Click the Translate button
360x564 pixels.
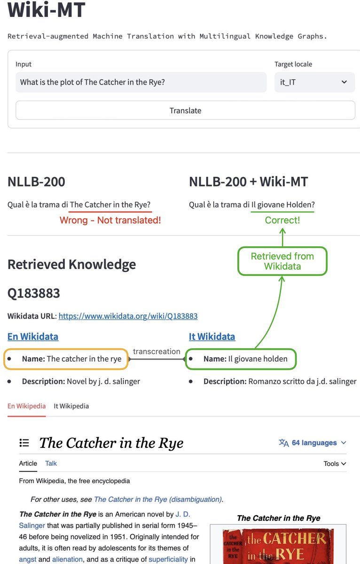pos(185,110)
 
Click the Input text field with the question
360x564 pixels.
pos(141,82)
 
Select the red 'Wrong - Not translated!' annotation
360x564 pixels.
pos(110,220)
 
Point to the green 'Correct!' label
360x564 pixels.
pos(282,220)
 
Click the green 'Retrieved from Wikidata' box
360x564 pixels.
pos(282,261)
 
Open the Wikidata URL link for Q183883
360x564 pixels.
pos(128,316)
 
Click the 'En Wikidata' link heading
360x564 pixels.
pos(33,337)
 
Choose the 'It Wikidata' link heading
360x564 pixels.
pos(212,337)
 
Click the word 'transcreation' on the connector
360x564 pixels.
pos(157,352)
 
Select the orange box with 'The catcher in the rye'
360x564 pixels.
pos(66,359)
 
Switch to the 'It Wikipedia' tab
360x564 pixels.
pos(71,406)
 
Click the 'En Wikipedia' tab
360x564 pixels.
pos(26,406)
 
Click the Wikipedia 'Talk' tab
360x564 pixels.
pos(51,463)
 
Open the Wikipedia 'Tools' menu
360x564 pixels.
pos(335,463)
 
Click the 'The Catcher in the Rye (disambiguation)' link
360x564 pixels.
pos(157,500)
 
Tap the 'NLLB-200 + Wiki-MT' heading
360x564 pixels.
pos(248,182)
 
